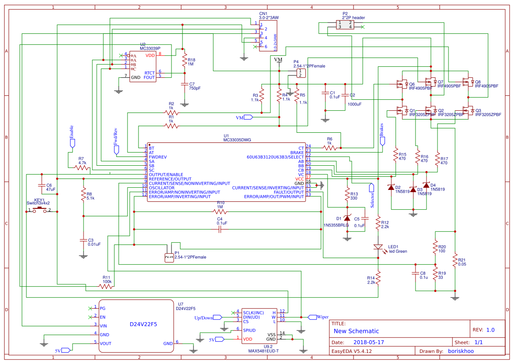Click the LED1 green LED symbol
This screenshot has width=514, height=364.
click(x=378, y=247)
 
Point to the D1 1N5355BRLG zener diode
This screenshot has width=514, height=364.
click(x=347, y=218)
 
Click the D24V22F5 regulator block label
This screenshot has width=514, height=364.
click(x=143, y=324)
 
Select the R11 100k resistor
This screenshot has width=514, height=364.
click(x=106, y=286)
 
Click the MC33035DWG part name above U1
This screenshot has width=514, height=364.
click(x=238, y=140)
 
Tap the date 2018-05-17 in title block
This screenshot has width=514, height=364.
click(x=368, y=342)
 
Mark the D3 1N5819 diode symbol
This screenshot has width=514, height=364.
click(x=412, y=189)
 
